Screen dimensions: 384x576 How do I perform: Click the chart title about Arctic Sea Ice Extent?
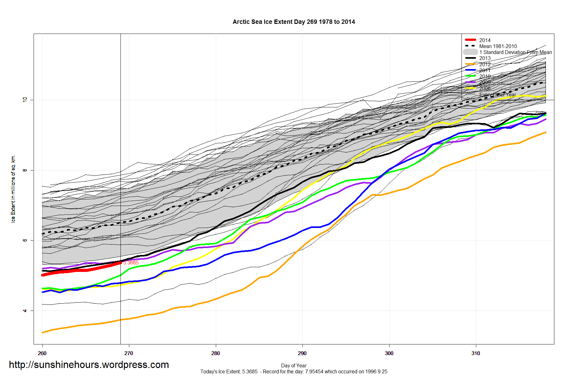294,22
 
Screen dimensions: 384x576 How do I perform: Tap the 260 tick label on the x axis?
42,353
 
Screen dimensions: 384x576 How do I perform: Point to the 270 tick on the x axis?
129,353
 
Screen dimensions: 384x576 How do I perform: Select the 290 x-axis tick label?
302,353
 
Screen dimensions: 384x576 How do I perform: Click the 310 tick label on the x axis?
476,353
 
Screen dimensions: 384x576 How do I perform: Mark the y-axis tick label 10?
25,100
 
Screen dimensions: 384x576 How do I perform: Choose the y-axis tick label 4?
25,311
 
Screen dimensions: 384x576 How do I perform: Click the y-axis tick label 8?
25,170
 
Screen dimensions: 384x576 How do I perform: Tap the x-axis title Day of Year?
294,365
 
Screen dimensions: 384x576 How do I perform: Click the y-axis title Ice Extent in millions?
13,188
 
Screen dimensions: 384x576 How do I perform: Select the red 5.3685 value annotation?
131,262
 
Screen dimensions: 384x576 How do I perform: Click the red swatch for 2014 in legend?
470,40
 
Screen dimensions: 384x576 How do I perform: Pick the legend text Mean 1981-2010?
498,46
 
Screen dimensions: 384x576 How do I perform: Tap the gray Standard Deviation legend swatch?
470,52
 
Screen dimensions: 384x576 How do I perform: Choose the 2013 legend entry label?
485,58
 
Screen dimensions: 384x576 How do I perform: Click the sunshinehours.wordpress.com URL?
89,365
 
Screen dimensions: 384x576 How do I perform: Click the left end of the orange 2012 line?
43,333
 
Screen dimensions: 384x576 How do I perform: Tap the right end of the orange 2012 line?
546,133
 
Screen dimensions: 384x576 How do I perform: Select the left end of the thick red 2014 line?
43,275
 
